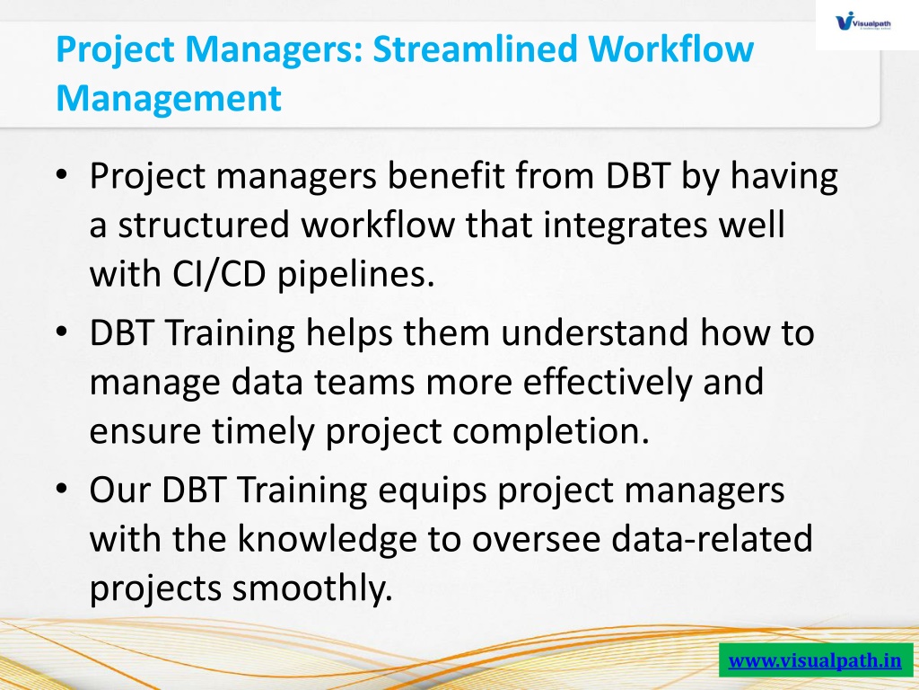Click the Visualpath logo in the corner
863,22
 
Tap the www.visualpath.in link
815,660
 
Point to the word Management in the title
169,98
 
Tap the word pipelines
355,275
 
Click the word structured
204,225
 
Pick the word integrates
626,226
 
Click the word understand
595,332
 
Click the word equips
433,491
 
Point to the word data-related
712,539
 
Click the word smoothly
311,589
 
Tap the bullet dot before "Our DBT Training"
62,489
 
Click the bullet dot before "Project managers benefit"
62,174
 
